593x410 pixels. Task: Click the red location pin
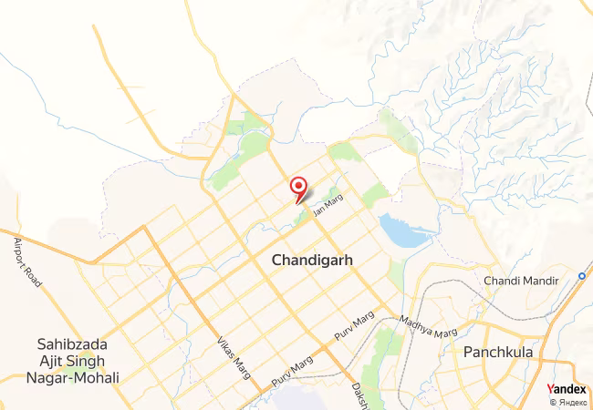coord(298,188)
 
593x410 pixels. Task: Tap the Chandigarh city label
coord(312,261)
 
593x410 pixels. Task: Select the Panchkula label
coord(496,352)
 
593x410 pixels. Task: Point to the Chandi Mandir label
coord(520,280)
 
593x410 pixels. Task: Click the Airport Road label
coord(27,261)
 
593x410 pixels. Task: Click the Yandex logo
coord(567,389)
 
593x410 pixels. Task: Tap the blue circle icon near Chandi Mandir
coord(581,275)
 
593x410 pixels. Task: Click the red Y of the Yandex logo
coord(550,389)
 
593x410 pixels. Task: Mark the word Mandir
coord(538,280)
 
